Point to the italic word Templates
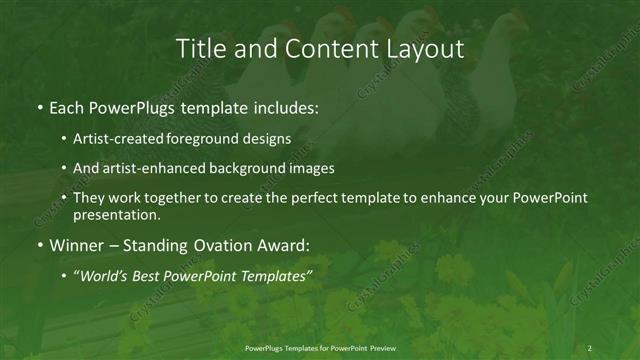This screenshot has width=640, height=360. pyautogui.click(x=274, y=275)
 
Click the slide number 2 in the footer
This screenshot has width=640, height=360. pyautogui.click(x=590, y=348)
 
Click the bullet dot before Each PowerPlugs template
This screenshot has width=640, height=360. pyautogui.click(x=38, y=108)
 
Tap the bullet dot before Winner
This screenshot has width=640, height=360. pyautogui.click(x=38, y=245)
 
